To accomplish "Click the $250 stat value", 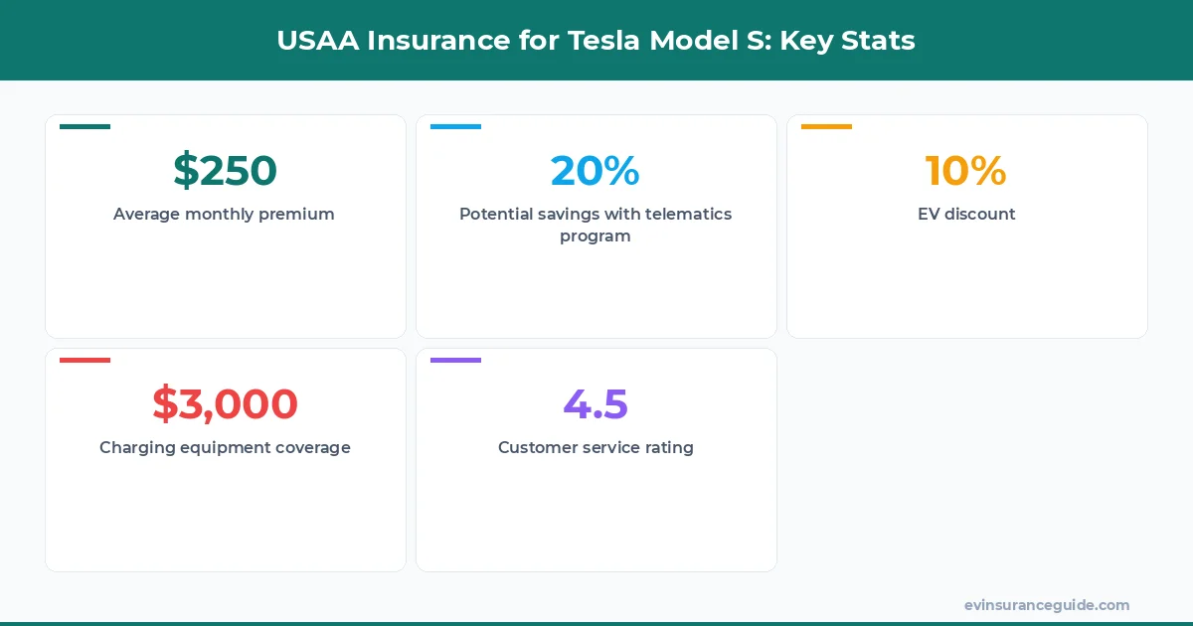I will click(x=225, y=171).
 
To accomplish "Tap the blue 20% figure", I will click(x=595, y=171).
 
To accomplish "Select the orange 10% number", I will click(x=965, y=171).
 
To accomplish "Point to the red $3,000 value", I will click(x=225, y=404).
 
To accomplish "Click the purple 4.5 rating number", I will click(x=596, y=404).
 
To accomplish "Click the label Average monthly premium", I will click(x=224, y=214).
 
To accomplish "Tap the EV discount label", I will click(x=966, y=214).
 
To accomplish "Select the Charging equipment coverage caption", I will click(x=225, y=447).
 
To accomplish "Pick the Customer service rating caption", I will click(x=596, y=447).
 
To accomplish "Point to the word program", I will click(x=595, y=236).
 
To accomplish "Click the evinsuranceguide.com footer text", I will click(x=1046, y=605).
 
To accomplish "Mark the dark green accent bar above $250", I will click(x=85, y=126).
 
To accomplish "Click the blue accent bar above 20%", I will click(x=455, y=126).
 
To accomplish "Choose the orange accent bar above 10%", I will click(x=826, y=126).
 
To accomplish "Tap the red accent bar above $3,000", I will click(x=85, y=360).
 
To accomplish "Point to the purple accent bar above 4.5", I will click(x=455, y=360).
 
